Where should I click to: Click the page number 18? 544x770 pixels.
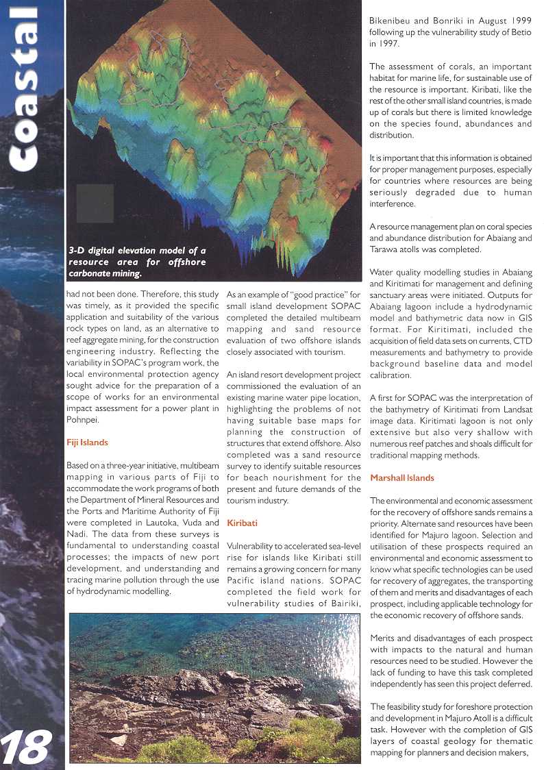[x=27, y=747]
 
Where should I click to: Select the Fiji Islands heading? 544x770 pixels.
[x=88, y=443]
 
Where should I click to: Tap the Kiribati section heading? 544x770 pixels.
[x=242, y=523]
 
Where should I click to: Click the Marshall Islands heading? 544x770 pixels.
[x=401, y=477]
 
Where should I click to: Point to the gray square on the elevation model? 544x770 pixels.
[x=95, y=203]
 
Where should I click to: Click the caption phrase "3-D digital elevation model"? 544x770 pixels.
[x=132, y=251]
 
